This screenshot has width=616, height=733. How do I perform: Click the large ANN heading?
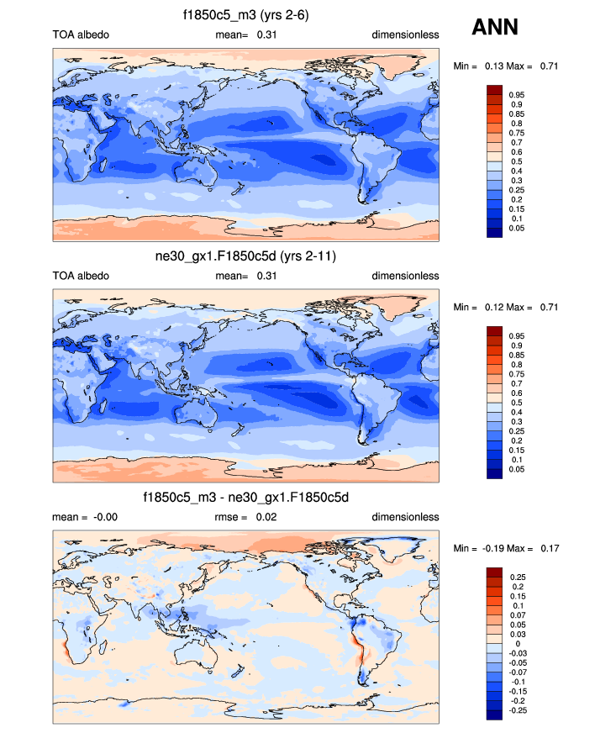coord(494,28)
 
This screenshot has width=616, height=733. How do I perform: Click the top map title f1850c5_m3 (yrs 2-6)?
coord(245,15)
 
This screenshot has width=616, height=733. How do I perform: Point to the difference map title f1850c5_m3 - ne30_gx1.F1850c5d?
coord(245,498)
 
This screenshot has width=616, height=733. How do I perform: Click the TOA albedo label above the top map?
coord(81,34)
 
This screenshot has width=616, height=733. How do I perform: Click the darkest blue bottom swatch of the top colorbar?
coord(494,233)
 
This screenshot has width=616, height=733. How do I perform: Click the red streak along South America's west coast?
coord(359,650)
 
